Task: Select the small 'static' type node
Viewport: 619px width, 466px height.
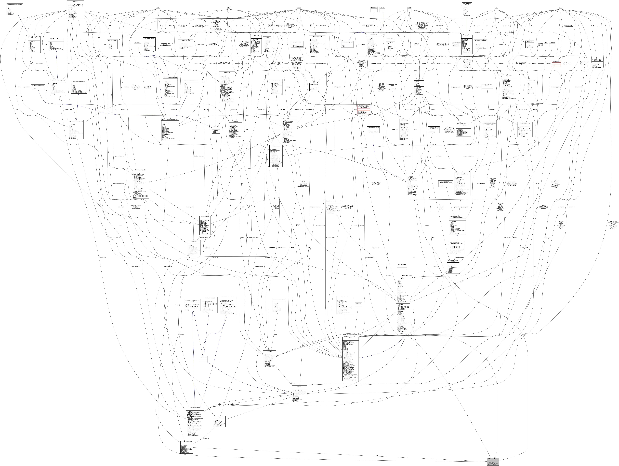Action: [158, 8]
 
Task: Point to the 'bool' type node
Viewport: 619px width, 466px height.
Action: [496, 8]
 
